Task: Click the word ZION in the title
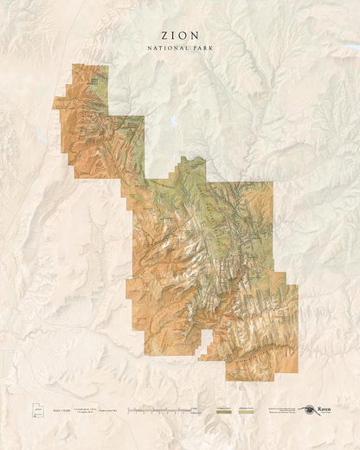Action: [x=179, y=35]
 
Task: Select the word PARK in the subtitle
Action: [x=201, y=48]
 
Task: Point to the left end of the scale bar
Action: [x=128, y=408]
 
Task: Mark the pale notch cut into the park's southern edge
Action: [x=206, y=339]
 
